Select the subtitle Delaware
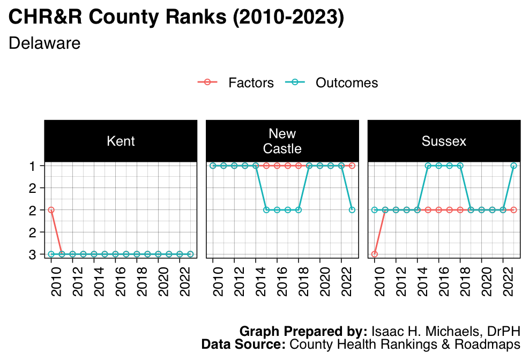(44, 43)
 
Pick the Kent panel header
(121, 141)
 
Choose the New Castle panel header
(282, 141)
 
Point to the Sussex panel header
(444, 141)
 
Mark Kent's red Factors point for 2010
(51, 210)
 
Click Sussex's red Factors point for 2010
(375, 254)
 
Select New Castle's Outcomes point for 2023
(352, 210)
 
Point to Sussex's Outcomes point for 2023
(513, 166)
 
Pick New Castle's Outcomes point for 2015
(266, 210)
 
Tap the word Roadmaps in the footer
(494, 344)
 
